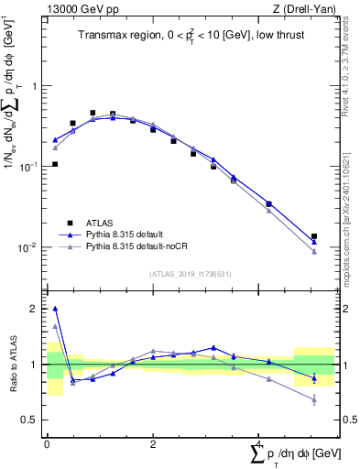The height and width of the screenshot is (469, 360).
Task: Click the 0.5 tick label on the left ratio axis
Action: [x=29, y=420]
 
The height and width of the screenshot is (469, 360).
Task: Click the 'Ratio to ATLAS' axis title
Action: [x=11, y=364]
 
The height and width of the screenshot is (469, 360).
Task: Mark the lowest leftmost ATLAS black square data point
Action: [x=55, y=165]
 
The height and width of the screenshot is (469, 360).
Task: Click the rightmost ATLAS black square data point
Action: [x=314, y=236]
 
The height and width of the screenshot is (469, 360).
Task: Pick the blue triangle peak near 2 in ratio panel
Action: [x=55, y=309]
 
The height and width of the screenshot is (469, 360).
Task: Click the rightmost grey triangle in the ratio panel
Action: [x=314, y=399]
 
